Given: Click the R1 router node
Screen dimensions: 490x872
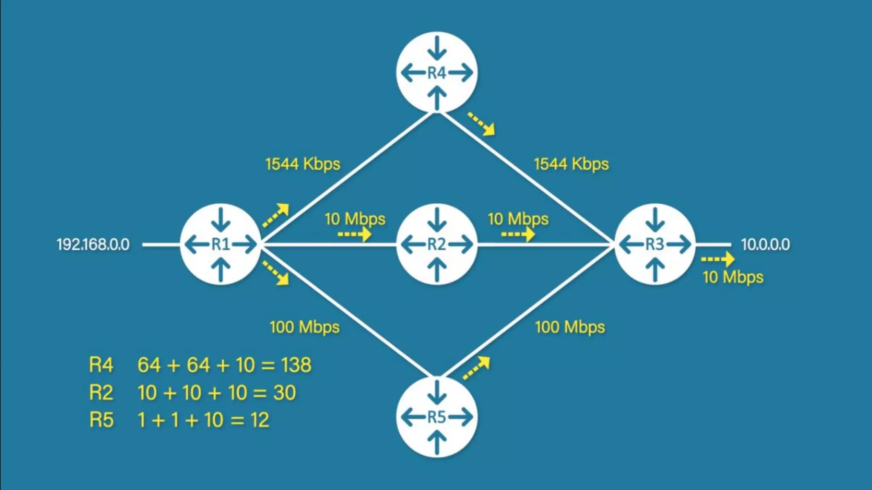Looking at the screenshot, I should point(221,244).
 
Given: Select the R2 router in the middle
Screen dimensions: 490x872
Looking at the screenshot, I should point(437,244).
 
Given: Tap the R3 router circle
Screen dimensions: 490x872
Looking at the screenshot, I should point(655,244).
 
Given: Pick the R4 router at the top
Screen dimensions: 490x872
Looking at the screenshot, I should point(437,73).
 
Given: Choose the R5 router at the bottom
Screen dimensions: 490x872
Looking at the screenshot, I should point(437,417).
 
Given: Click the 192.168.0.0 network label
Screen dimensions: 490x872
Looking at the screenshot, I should point(93,245).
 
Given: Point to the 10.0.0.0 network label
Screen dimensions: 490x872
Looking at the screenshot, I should point(765,245).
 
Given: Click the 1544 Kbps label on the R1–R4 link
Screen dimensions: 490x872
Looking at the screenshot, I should point(303,164).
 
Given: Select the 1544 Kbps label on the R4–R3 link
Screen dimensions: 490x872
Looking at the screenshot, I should point(571,164).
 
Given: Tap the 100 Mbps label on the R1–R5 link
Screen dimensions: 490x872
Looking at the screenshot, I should point(304,328).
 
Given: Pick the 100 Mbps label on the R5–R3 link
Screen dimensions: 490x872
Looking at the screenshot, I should point(570,328).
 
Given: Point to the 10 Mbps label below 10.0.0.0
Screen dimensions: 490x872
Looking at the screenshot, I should point(732,277).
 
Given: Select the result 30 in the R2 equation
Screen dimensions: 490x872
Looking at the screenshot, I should point(284,393).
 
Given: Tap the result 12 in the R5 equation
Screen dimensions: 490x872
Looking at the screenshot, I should point(260,420).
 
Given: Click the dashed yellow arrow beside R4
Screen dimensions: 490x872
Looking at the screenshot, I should point(482,124).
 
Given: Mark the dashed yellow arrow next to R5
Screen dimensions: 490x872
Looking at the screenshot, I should point(476,368).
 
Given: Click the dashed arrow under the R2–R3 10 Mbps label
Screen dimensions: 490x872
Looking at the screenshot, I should point(518,234).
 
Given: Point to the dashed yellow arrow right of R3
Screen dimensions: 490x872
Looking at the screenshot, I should point(717,259).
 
